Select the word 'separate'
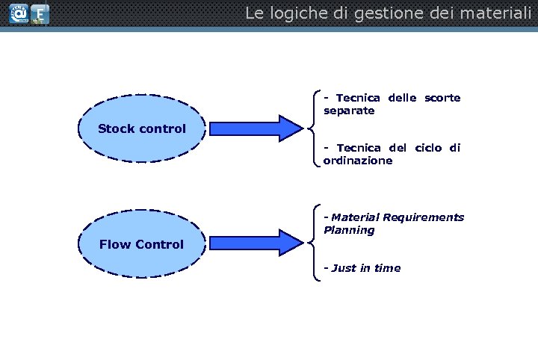coord(349,111)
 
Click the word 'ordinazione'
coord(358,161)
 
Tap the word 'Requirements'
coord(423,217)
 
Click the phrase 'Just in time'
coord(365,268)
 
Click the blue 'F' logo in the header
coord(40,14)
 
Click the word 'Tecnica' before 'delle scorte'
coord(357,98)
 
